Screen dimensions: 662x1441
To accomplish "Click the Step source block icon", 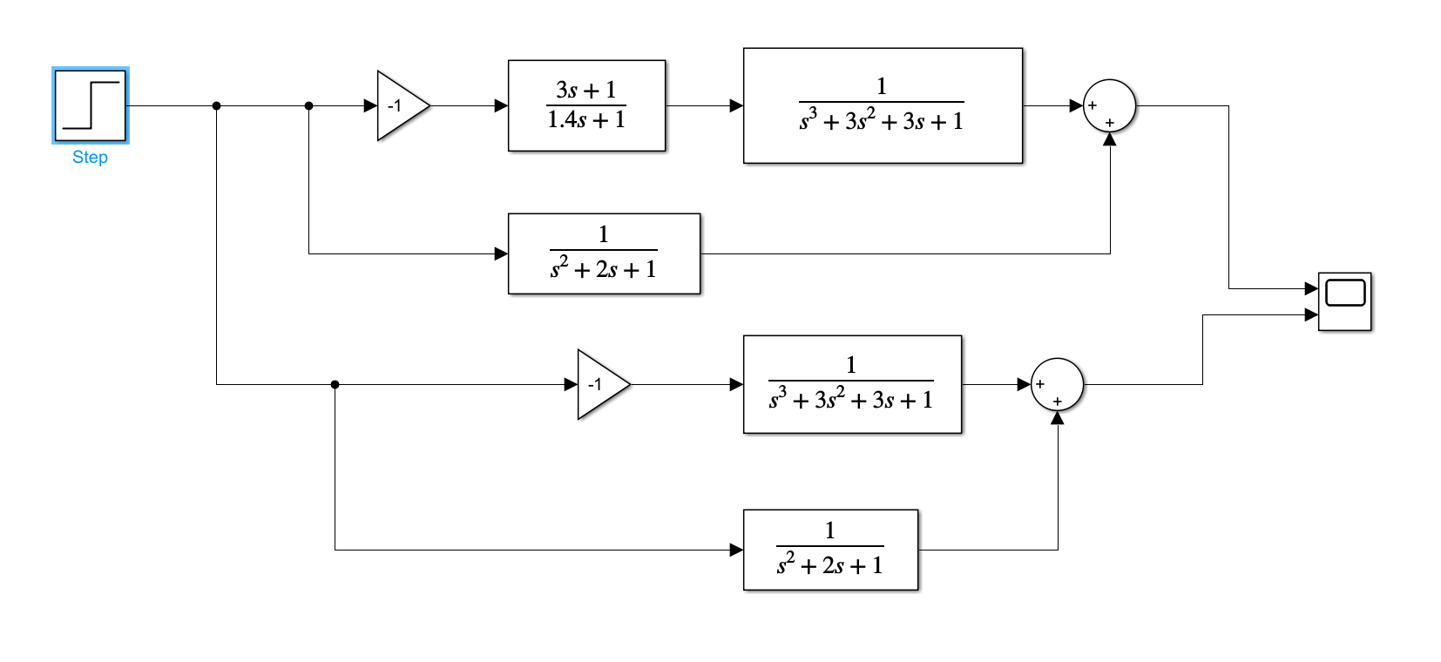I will click(90, 105).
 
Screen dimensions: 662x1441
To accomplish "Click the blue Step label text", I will click(90, 158).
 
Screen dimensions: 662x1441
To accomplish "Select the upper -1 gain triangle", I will click(399, 105).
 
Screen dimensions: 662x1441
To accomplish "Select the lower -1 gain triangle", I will click(599, 384).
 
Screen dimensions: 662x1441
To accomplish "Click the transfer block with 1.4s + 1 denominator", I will click(586, 105).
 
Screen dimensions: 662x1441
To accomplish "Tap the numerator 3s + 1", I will click(586, 90).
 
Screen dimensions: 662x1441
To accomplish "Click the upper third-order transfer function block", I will click(882, 105).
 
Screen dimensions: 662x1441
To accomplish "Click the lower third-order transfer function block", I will click(851, 384).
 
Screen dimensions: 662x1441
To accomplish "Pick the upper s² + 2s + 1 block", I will click(604, 253).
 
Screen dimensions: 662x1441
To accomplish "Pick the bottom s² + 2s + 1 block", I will click(830, 550).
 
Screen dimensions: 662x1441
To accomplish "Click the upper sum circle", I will click(1109, 105).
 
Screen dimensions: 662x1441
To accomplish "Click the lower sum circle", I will click(1057, 384).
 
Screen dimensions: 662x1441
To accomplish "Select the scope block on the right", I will click(1344, 301).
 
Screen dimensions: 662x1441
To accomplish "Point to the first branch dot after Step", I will click(216, 105).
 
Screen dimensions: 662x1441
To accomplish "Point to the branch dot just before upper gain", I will click(308, 105).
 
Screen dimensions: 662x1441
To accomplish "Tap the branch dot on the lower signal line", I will click(335, 384).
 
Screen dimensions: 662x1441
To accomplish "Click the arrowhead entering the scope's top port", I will click(1311, 288).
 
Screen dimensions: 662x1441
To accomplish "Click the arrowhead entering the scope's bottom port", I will click(1311, 314).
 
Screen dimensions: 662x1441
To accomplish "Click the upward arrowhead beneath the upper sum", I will click(1109, 139).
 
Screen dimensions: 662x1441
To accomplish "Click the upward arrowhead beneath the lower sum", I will click(1057, 418).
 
